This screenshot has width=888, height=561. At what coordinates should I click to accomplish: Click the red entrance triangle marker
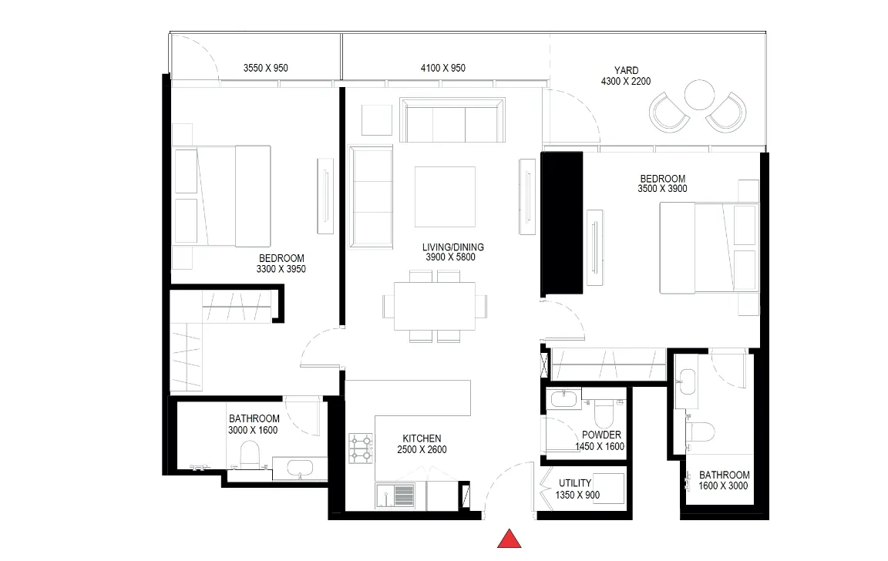point(509,539)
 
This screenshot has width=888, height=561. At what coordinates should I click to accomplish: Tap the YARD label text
point(627,70)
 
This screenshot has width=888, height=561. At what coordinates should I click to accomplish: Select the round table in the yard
point(699,95)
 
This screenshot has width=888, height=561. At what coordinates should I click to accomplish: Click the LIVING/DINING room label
point(453,247)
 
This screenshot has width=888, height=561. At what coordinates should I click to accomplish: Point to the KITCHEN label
point(422,438)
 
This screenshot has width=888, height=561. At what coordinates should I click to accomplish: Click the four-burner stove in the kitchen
point(361,448)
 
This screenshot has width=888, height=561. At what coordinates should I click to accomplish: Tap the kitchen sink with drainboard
point(395,496)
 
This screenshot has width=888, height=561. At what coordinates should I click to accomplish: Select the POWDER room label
point(601,435)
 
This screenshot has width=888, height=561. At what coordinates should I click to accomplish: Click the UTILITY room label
point(575,483)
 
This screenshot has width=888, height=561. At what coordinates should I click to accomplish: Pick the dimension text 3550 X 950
point(266,68)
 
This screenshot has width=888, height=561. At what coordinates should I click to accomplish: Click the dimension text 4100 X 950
point(443,68)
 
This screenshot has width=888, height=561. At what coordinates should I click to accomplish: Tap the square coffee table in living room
point(445,197)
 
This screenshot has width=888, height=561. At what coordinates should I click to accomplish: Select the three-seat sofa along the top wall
point(452,120)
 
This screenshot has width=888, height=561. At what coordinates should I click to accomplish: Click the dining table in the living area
point(435,306)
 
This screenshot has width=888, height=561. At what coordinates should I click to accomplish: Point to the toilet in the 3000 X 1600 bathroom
point(250,455)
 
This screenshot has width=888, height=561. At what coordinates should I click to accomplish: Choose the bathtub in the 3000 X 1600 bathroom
point(300,469)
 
